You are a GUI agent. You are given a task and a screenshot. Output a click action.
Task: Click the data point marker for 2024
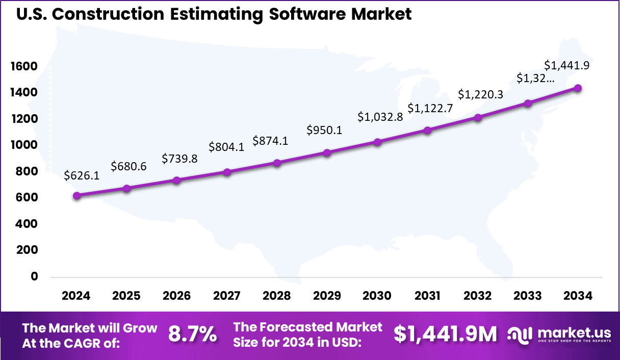click(76, 195)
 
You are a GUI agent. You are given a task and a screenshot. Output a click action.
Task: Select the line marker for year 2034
click(578, 88)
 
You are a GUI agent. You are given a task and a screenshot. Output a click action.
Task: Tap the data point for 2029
click(327, 152)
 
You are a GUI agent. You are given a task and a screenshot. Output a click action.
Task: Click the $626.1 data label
click(82, 176)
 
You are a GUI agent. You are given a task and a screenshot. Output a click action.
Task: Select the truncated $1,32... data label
click(535, 78)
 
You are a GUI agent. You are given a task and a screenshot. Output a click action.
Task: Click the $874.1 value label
click(270, 141)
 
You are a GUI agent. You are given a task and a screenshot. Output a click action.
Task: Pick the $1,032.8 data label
click(380, 117)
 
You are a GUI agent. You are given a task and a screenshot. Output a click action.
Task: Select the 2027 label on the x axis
click(226, 296)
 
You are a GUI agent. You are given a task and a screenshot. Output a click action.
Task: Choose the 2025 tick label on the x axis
click(126, 296)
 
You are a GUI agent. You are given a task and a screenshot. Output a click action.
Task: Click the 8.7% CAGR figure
click(192, 335)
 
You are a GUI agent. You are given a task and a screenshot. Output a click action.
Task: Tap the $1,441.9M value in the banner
click(445, 335)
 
